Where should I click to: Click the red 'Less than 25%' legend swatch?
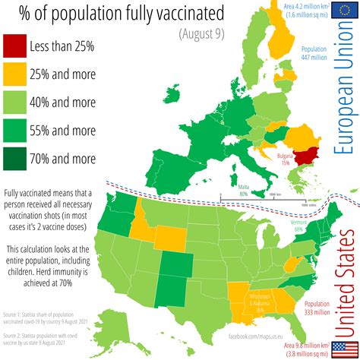(x=16, y=46)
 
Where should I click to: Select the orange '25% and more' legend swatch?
(x=16, y=74)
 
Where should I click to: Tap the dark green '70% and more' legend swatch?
(x=16, y=159)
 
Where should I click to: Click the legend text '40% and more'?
(x=62, y=103)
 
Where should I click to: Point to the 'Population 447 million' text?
(x=314, y=52)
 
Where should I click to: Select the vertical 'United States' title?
(x=346, y=262)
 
